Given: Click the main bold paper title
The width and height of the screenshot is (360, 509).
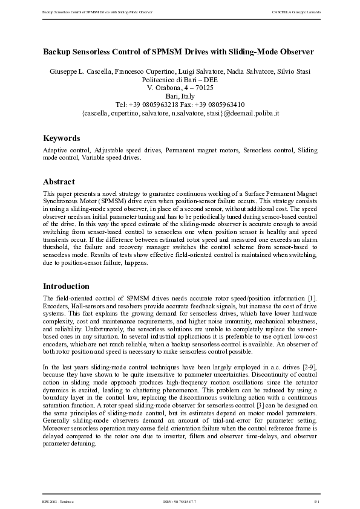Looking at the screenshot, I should pos(180,53).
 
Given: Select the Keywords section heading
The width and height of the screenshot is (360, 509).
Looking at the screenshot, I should pos(61,138).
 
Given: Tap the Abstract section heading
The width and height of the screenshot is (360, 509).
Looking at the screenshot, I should pos(59,181).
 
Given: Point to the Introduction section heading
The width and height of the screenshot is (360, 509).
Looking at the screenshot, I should pos(67,286).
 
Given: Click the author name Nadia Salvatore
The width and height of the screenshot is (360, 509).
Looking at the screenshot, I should pos(244,72).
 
